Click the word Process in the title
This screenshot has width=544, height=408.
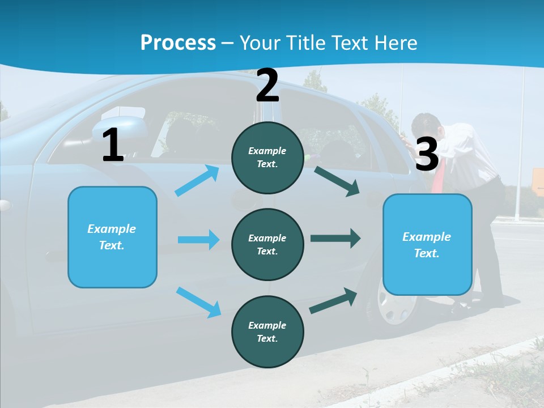click(178, 42)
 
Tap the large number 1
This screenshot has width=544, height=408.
click(113, 146)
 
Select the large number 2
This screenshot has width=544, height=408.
click(267, 86)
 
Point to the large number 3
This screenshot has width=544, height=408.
click(427, 154)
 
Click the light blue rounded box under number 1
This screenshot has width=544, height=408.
click(112, 237)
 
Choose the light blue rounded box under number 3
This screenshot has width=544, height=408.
click(427, 244)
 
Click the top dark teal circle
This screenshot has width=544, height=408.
click(267, 158)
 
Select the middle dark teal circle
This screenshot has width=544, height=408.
click(267, 244)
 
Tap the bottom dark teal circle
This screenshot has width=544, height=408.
click(267, 331)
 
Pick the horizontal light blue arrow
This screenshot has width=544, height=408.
click(198, 240)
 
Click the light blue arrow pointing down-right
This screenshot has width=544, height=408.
click(199, 302)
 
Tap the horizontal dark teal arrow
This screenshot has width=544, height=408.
click(335, 238)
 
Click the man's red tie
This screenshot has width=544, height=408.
click(439, 176)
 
